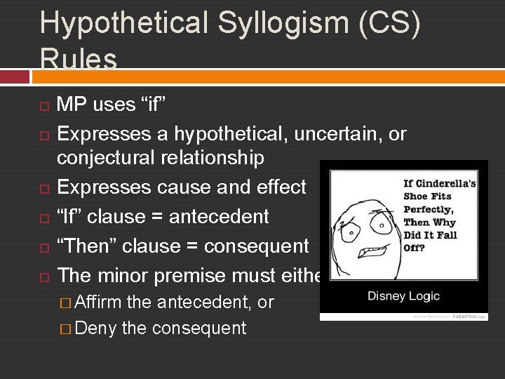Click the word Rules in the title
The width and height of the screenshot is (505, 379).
tap(79, 59)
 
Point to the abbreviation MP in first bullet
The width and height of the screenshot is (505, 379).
tap(72, 105)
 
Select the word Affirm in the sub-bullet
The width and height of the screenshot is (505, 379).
tap(97, 302)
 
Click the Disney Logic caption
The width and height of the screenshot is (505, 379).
tap(403, 295)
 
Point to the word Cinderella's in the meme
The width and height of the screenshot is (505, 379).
tap(448, 184)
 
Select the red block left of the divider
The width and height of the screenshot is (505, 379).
tap(15, 77)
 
